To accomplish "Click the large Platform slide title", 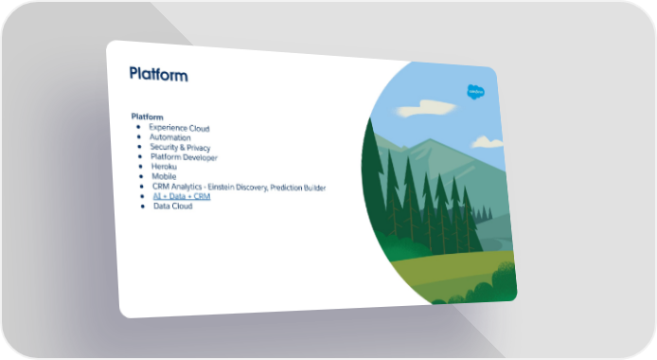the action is [x=158, y=74].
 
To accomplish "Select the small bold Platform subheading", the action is [x=147, y=117].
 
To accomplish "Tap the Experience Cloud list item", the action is [x=179, y=128].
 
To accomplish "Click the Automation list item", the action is [x=170, y=137].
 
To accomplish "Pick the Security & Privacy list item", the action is [x=180, y=147].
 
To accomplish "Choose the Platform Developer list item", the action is [x=184, y=157].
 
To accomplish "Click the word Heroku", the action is [x=164, y=167].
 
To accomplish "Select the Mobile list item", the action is [x=164, y=176].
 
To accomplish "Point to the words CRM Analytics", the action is [x=177, y=187].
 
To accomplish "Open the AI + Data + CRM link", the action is [x=182, y=196].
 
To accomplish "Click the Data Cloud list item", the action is [x=172, y=206].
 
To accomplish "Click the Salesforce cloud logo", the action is [x=475, y=92].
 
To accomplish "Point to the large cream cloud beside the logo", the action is [x=425, y=108].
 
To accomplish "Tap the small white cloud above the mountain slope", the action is [x=488, y=142].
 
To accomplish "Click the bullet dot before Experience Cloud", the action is [x=138, y=127].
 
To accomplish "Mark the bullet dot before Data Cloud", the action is [x=143, y=206].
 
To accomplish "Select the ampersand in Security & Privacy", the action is [x=182, y=147].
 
